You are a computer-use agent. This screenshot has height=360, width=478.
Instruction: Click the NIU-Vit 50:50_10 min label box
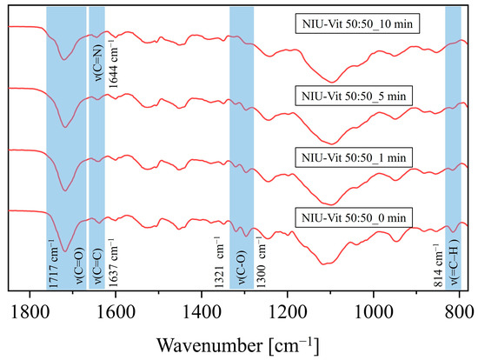pyautogui.click(x=357, y=23)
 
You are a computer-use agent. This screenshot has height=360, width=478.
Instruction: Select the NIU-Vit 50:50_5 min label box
pyautogui.click(x=354, y=96)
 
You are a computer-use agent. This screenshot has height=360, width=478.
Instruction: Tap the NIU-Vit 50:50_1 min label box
pyautogui.click(x=354, y=157)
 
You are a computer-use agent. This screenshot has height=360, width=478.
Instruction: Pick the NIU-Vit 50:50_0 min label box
pyautogui.click(x=354, y=217)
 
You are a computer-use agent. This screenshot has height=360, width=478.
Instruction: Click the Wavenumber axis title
pyautogui.click(x=238, y=346)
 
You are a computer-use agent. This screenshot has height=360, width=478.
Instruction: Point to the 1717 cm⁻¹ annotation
pyautogui.click(x=53, y=263)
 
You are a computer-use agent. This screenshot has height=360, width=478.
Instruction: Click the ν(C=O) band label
pyautogui.click(x=79, y=265)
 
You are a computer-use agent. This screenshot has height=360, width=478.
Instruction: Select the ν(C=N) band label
pyautogui.click(x=99, y=63)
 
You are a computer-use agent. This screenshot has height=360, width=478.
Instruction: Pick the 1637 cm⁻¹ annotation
pyautogui.click(x=113, y=263)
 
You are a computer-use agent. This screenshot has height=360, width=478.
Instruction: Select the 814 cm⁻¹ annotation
pyautogui.click(x=438, y=265)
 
